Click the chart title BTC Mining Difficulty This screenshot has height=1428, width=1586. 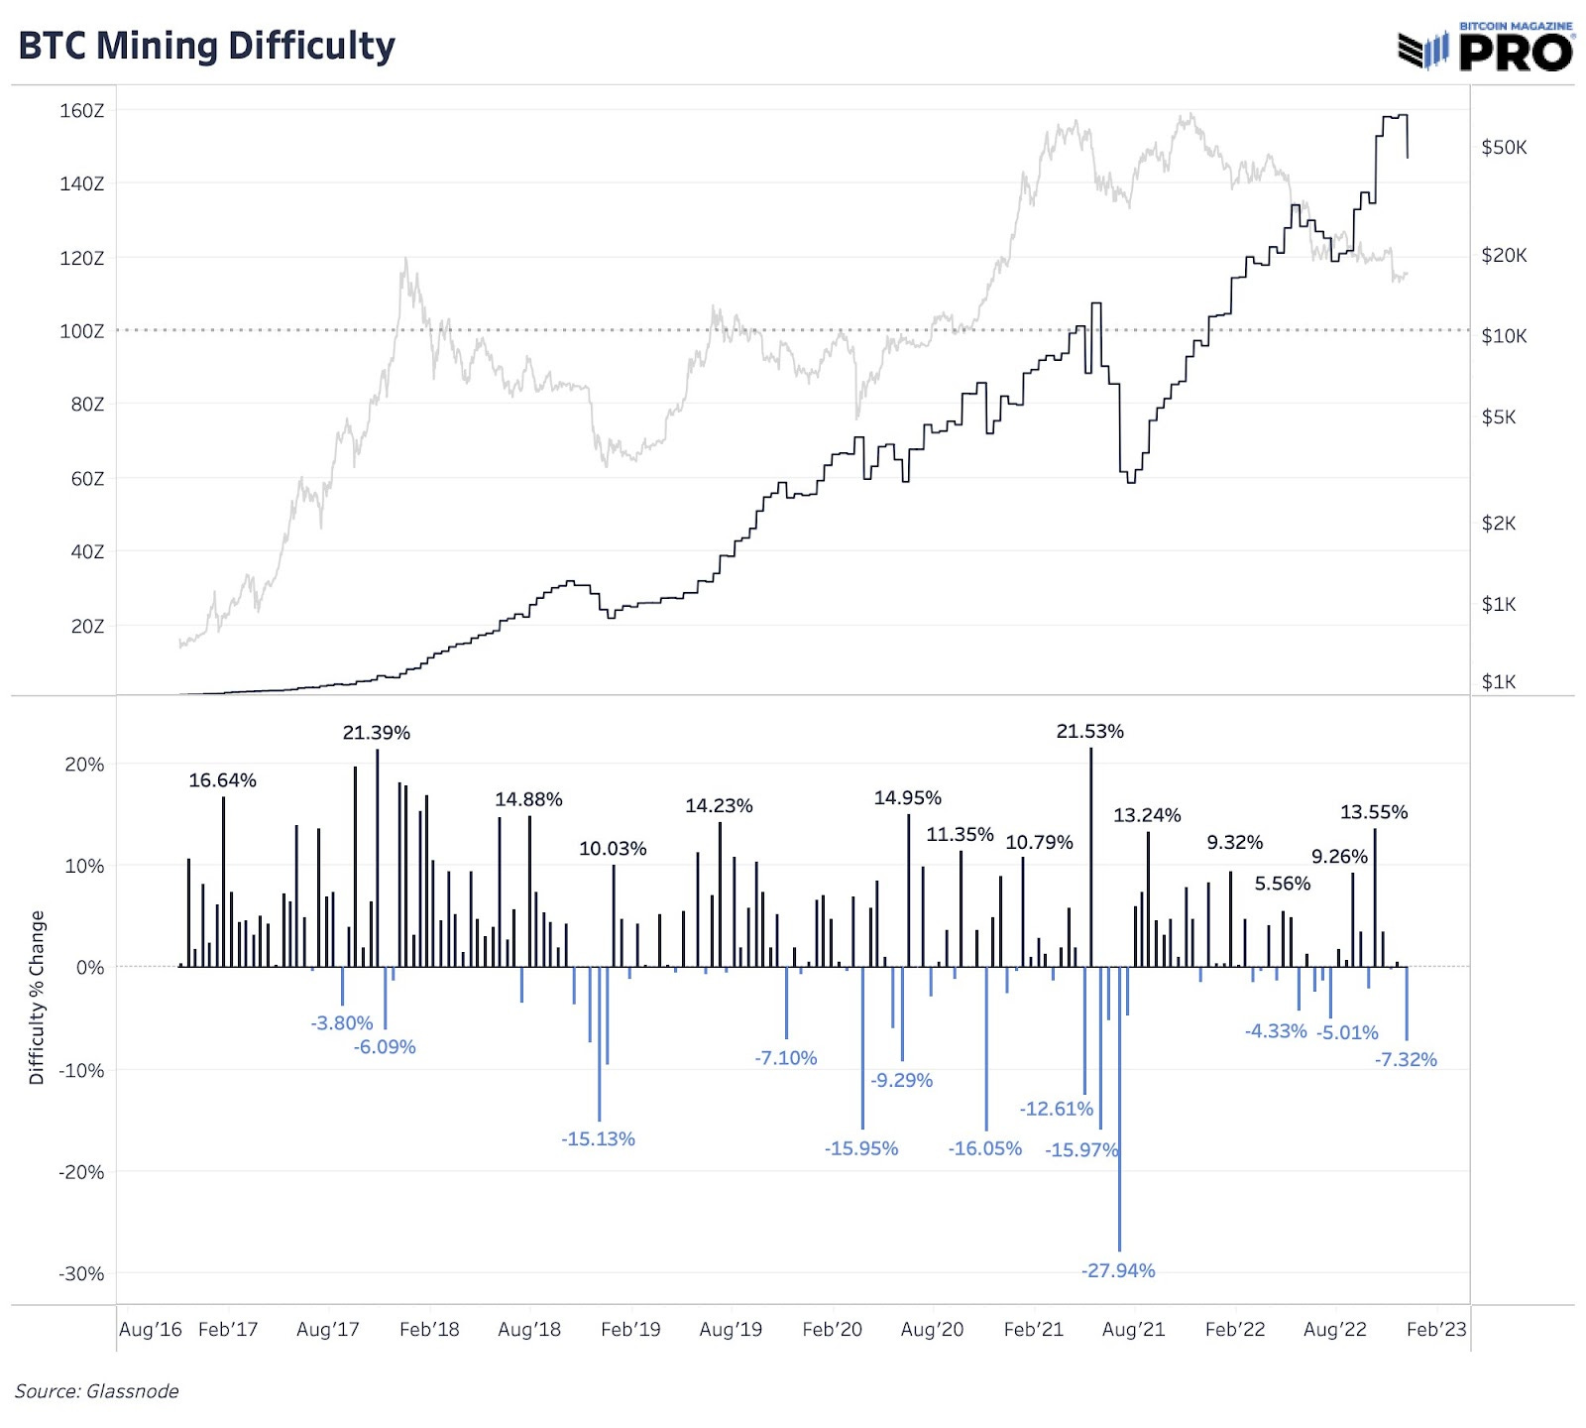coord(206,47)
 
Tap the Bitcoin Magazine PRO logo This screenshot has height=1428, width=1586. coord(1485,48)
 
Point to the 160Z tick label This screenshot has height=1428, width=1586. coord(81,110)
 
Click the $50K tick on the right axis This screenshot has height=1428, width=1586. coord(1504,148)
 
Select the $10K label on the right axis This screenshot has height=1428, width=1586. coord(1504,336)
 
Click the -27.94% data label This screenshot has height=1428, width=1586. coord(1118,1270)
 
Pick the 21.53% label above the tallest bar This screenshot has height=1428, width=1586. coord(1089,732)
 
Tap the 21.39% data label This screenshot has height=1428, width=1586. coord(376,733)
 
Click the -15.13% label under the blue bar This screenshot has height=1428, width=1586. coord(598,1138)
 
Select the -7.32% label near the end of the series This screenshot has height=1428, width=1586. coord(1406,1059)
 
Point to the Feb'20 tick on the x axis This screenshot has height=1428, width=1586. coord(832,1329)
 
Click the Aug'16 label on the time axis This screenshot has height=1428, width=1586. coord(151,1329)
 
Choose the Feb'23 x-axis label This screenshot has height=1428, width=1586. coord(1435,1329)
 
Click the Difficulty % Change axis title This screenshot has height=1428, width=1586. coord(38,998)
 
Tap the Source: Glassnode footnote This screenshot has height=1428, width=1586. coord(97,1391)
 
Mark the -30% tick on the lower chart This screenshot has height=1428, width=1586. coord(81,1273)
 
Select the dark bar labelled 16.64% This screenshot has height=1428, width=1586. coord(223,883)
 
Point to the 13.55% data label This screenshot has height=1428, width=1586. coord(1373,812)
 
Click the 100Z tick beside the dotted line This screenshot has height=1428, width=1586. coord(81,331)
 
